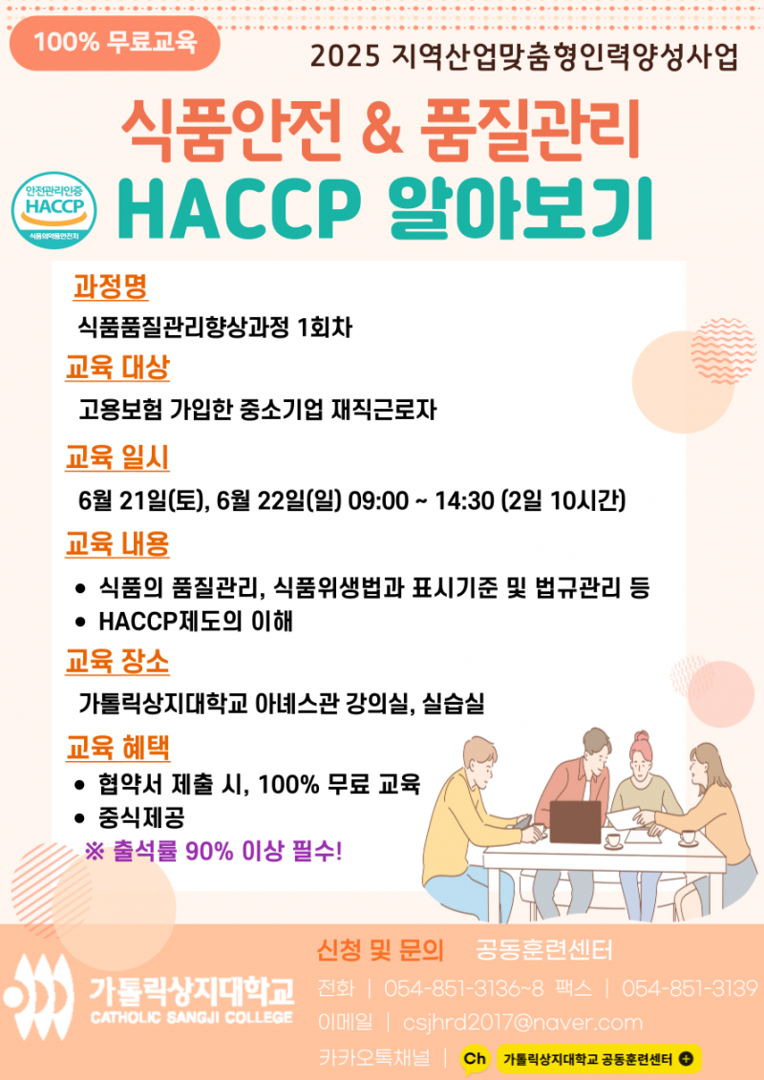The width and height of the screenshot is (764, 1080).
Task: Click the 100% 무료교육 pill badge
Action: [115, 43]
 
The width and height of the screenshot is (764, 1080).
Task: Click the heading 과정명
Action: [110, 286]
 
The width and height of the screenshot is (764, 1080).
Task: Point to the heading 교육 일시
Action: [117, 457]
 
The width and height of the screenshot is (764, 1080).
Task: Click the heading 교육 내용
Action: [117, 544]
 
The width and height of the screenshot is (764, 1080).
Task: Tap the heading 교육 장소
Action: [117, 663]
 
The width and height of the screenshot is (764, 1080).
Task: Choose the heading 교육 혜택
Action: [117, 748]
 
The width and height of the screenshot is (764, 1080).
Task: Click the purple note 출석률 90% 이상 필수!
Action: [213, 853]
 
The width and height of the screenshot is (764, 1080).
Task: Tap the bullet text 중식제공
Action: [141, 818]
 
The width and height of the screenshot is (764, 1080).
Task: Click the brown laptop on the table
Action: [575, 821]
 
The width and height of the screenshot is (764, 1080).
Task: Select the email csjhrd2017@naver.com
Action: [523, 1022]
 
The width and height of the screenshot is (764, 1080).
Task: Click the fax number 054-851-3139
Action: [689, 989]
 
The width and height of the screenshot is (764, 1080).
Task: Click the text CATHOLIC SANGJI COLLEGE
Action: [192, 1017]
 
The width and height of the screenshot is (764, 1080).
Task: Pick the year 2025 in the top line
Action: [345, 57]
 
